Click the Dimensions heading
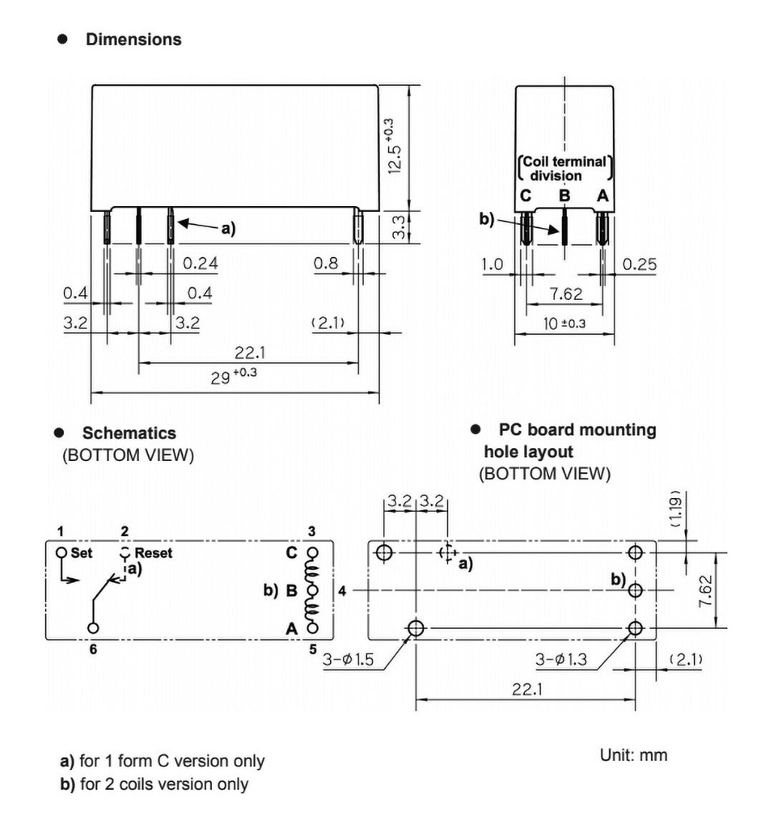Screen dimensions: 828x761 pyautogui.click(x=133, y=39)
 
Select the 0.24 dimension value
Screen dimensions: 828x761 pyautogui.click(x=200, y=263)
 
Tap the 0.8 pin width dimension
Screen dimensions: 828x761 pyautogui.click(x=327, y=263)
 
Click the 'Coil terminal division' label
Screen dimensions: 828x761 pyautogui.click(x=564, y=168)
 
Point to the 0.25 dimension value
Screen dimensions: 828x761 pyautogui.click(x=640, y=264)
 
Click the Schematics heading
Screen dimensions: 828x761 pyautogui.click(x=129, y=433)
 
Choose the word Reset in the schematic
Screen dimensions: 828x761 pyautogui.click(x=154, y=553)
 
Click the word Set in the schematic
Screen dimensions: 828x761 pyautogui.click(x=83, y=553)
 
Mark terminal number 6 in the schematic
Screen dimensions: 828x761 pyautogui.click(x=93, y=649)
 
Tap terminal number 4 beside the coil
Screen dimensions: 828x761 pyautogui.click(x=342, y=591)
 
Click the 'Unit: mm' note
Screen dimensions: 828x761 pyautogui.click(x=633, y=755)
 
